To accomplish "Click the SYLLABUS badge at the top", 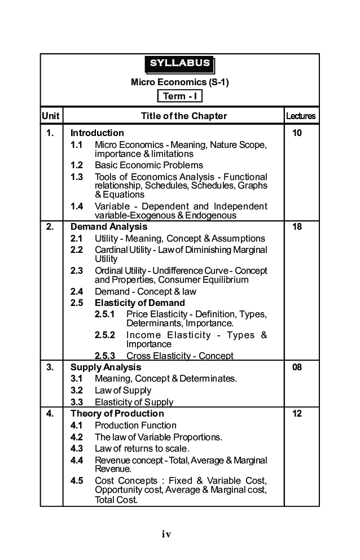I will tap(179, 64).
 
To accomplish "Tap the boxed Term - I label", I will tap(179, 96).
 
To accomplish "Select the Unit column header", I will tap(51, 116).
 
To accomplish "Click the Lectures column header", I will tap(301, 116).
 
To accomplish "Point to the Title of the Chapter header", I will tap(184, 116).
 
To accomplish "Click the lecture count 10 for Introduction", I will tap(297, 133).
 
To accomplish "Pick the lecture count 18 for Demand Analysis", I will tap(297, 227).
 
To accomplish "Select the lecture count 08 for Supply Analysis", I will tap(297, 368).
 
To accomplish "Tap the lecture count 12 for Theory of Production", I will tap(297, 414).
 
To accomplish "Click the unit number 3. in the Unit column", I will tap(50, 368).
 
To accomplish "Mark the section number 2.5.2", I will tap(105, 335).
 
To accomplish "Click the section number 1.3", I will tap(77, 177).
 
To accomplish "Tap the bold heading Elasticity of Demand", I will tap(139, 303).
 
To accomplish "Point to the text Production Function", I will tap(135, 426).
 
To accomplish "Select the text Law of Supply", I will tap(123, 391).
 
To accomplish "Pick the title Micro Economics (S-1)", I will tap(179, 82).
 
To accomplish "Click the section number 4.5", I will tap(77, 481).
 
